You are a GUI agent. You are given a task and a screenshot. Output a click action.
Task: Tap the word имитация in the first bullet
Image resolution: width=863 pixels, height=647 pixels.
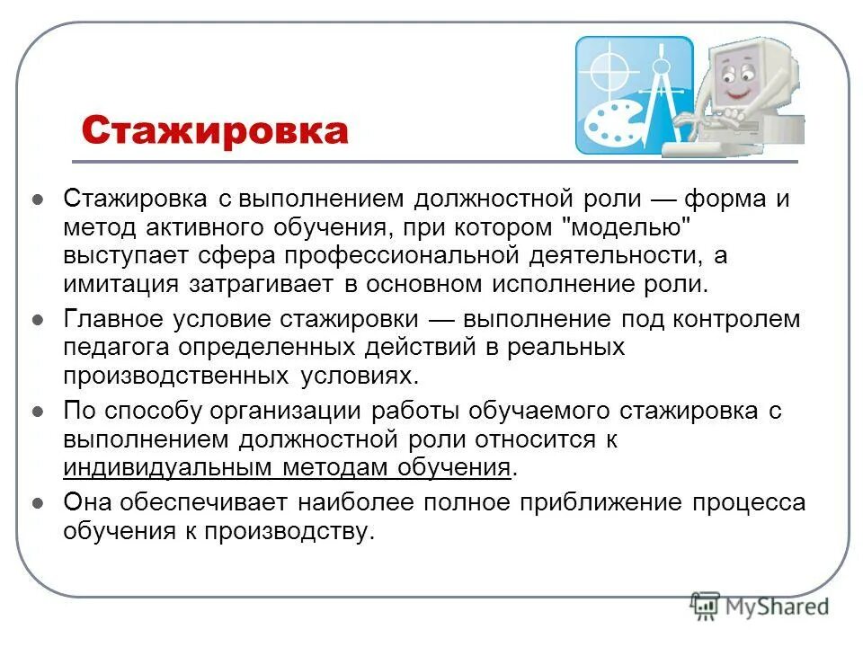click(x=113, y=285)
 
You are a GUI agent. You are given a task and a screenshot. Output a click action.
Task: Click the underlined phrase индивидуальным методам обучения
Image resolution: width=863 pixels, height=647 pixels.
click(x=287, y=468)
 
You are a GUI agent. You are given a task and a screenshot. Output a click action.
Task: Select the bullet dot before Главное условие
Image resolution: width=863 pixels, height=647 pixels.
click(x=38, y=320)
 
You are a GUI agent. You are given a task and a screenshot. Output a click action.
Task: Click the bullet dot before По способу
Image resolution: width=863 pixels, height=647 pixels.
click(x=38, y=413)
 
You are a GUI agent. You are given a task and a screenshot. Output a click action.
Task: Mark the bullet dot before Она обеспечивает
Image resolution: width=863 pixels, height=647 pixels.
click(x=38, y=503)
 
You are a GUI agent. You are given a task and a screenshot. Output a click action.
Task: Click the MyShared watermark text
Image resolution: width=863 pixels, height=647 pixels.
click(x=776, y=608)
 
